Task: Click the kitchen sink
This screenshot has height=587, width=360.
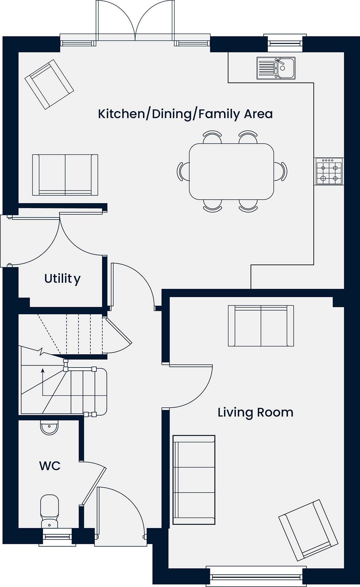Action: click(x=276, y=68)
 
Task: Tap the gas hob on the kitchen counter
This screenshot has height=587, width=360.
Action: click(x=329, y=171)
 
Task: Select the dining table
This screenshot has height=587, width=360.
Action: click(x=232, y=171)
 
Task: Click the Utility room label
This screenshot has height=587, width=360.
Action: click(x=62, y=278)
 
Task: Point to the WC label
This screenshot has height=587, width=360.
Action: click(x=50, y=466)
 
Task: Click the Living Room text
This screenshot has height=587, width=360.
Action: click(x=255, y=413)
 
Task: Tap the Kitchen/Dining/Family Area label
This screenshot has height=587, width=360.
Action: click(x=185, y=114)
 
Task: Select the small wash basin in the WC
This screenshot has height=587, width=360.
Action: click(x=49, y=428)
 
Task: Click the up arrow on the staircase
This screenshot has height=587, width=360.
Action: click(x=43, y=382)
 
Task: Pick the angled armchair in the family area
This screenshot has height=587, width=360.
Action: click(x=49, y=84)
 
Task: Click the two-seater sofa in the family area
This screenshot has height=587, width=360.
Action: click(x=65, y=175)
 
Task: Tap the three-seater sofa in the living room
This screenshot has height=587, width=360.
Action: click(x=194, y=480)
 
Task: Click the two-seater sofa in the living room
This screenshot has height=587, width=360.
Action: click(x=261, y=326)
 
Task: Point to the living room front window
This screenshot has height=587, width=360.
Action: click(x=256, y=576)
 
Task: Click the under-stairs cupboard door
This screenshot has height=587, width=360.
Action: click(x=117, y=335)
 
